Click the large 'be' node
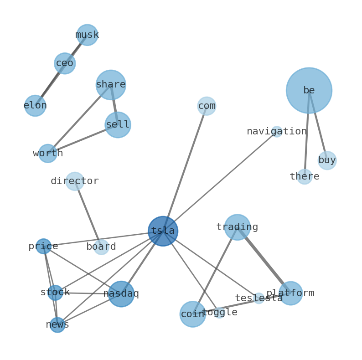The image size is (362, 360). coord(309,90)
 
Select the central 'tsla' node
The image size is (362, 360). coord(163,231)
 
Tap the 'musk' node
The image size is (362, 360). coord(87,35)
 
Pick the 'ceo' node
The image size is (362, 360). coord(65,63)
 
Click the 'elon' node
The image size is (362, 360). coord(35,106)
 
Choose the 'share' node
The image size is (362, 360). coord(111,85)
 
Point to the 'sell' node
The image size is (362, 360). coord(118,125)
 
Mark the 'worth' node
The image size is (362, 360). coord(48,154)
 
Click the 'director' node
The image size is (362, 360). coord(75,181)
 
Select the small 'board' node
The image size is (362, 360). coord(101,247)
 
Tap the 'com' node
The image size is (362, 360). coord(207,106)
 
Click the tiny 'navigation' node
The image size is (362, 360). coord(277,132)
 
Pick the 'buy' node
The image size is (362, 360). coord(327,160)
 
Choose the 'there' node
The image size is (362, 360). coord(305,177)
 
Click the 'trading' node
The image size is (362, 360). coord(237,227)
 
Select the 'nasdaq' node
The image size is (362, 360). coord(121,294)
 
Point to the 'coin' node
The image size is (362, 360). coord(192,314)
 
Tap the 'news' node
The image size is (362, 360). coord(57,325)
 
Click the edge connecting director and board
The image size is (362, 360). coord(88,214)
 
